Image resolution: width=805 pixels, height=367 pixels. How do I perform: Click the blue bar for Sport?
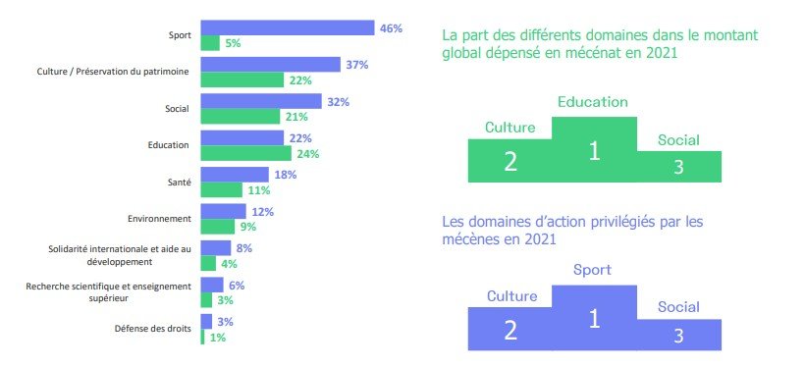[287, 27]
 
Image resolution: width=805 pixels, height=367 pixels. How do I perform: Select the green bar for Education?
[245, 153]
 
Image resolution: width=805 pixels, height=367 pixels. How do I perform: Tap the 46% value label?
[391, 28]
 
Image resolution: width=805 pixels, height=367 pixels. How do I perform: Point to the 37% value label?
[356, 65]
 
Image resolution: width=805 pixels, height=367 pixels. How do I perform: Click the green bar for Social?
[241, 117]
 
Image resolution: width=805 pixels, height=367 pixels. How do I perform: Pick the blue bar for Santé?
[235, 175]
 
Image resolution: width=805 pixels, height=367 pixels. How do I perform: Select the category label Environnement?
[160, 218]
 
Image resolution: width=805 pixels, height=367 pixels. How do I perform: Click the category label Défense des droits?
[158, 328]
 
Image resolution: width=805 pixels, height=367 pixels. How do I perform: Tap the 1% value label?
[216, 338]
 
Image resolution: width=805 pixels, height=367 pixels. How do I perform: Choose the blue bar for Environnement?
[223, 211]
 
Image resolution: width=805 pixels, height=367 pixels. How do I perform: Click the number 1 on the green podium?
[593, 150]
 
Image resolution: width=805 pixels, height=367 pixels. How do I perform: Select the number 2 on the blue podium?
[510, 329]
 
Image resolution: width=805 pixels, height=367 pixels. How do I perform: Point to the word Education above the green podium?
[592, 101]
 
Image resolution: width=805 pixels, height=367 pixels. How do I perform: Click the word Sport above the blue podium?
[592, 270]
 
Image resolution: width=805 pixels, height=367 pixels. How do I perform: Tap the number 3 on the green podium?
[678, 167]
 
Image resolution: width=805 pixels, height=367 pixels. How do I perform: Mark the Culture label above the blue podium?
[510, 294]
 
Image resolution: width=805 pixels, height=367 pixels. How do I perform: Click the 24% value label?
[308, 153]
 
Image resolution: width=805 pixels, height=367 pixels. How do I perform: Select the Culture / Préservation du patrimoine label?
[113, 72]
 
